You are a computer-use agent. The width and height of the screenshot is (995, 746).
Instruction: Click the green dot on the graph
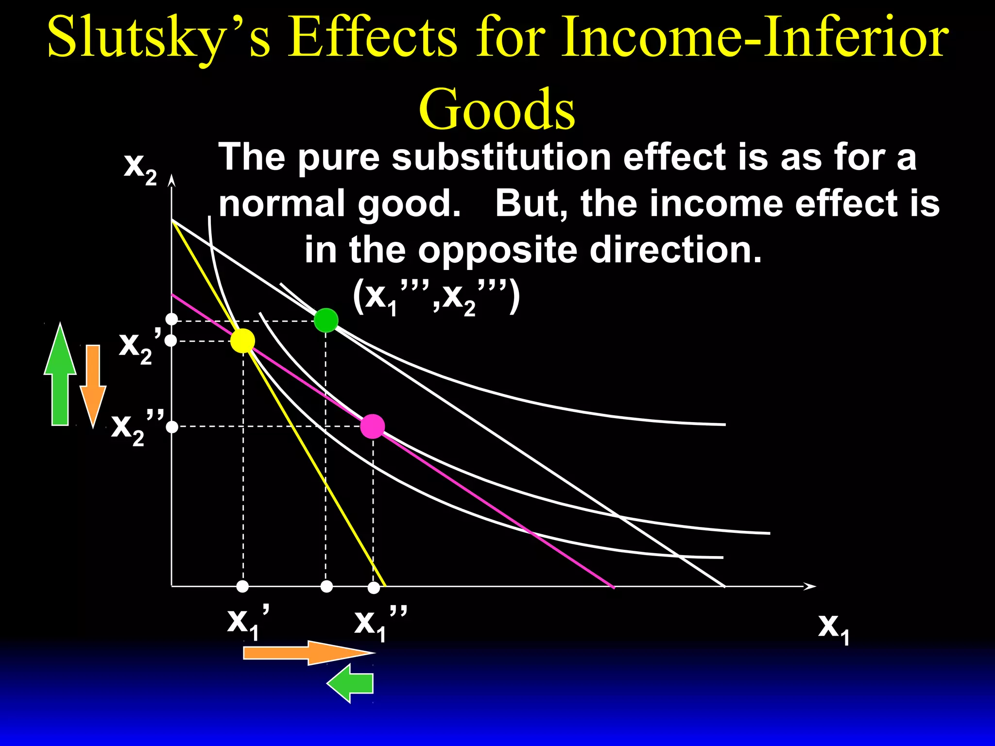(x=326, y=320)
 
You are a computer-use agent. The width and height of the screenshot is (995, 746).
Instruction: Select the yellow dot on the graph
(x=242, y=341)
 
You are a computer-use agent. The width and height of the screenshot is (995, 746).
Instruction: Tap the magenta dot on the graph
(x=373, y=427)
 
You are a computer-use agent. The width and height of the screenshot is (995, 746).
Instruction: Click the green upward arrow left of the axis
(x=60, y=374)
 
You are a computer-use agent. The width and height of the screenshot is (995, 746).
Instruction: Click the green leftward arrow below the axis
(x=351, y=684)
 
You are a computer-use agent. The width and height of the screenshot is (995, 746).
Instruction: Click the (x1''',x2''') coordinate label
(x=436, y=296)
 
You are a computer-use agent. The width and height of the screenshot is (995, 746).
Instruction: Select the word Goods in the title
(x=497, y=109)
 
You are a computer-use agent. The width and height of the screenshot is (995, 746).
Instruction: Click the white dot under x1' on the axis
(x=242, y=587)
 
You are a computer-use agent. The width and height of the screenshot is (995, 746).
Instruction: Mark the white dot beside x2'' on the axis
(x=172, y=427)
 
